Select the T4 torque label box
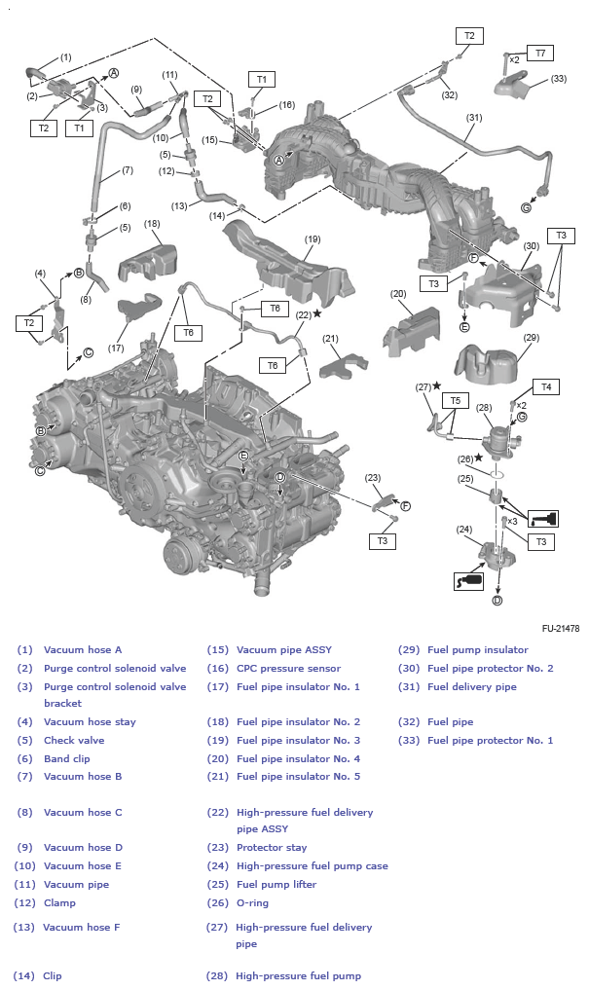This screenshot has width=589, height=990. [x=546, y=386]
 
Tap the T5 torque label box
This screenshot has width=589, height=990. [x=453, y=400]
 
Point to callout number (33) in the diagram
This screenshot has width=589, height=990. [x=558, y=78]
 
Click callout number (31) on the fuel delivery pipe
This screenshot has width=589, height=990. [x=473, y=118]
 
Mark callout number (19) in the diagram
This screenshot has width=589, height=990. [x=312, y=238]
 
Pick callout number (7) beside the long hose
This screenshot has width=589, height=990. [x=127, y=170]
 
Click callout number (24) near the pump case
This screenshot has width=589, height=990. [x=464, y=530]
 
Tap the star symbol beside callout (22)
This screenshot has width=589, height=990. [x=317, y=313]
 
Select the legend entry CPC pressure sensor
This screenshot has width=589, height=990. [x=288, y=668]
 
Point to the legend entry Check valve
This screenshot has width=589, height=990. [x=74, y=740]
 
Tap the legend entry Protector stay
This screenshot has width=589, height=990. [x=272, y=848]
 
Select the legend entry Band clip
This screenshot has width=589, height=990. [x=70, y=758]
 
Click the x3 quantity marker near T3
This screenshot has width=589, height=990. [x=512, y=521]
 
